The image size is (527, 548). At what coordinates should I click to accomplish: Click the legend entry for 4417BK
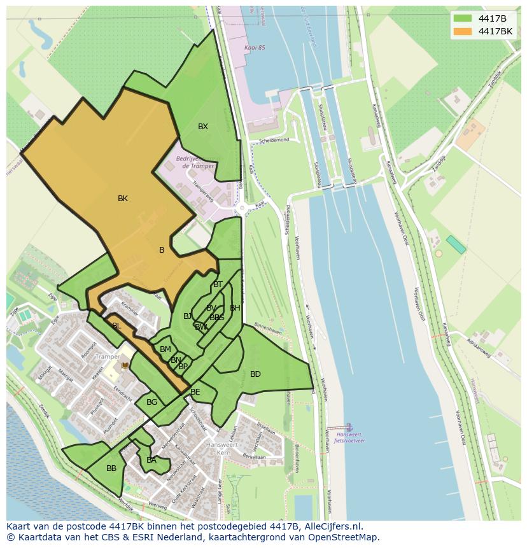(495, 31)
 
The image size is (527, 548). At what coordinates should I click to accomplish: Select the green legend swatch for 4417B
(463, 18)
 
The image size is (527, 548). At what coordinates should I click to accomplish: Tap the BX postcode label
(202, 127)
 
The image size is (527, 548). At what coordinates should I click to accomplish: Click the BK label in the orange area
(123, 199)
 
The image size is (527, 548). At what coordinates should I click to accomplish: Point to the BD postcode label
(255, 374)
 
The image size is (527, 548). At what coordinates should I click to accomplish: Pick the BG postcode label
(151, 402)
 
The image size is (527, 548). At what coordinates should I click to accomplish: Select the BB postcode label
(111, 468)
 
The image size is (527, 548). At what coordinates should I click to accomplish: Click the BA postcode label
(151, 460)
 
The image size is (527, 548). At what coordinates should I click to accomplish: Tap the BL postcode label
(116, 326)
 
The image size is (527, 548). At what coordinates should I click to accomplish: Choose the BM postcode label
(165, 349)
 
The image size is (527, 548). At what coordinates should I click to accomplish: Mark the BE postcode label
(195, 392)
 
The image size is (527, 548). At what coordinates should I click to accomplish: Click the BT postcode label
(218, 285)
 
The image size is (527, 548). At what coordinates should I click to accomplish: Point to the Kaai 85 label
(254, 48)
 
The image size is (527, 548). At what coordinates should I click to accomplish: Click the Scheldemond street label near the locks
(274, 140)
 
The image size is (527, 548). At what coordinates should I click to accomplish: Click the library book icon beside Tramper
(125, 365)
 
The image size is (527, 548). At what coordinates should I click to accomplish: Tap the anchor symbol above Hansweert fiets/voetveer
(348, 426)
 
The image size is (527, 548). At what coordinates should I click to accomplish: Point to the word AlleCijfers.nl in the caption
(331, 526)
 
